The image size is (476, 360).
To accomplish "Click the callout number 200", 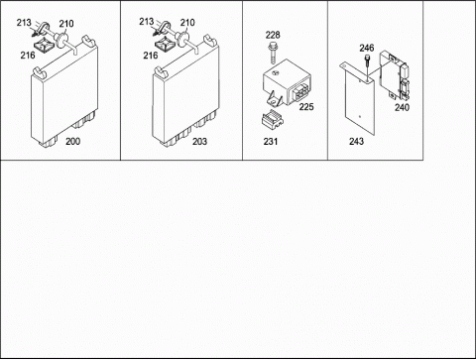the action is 72,141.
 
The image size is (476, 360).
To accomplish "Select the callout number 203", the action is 199,141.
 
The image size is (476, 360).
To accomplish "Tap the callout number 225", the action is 306,107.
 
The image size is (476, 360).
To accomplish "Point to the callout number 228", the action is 273,35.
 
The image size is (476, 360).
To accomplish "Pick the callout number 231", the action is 271,141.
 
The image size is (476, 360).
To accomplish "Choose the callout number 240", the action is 402,107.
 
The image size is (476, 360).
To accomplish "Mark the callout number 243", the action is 356,141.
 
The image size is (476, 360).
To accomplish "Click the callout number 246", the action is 367,48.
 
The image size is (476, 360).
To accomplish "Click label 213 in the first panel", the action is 24,23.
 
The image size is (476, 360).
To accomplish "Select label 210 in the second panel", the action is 187,23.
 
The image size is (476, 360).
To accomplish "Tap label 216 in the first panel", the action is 28,55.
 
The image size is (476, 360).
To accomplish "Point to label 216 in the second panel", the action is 151,55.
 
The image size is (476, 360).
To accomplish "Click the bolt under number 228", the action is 273,54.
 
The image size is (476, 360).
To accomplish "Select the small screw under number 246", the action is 367,66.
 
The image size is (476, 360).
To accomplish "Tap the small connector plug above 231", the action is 273,119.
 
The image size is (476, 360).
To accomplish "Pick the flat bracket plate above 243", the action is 358,99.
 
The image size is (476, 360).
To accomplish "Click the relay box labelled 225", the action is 287,82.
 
